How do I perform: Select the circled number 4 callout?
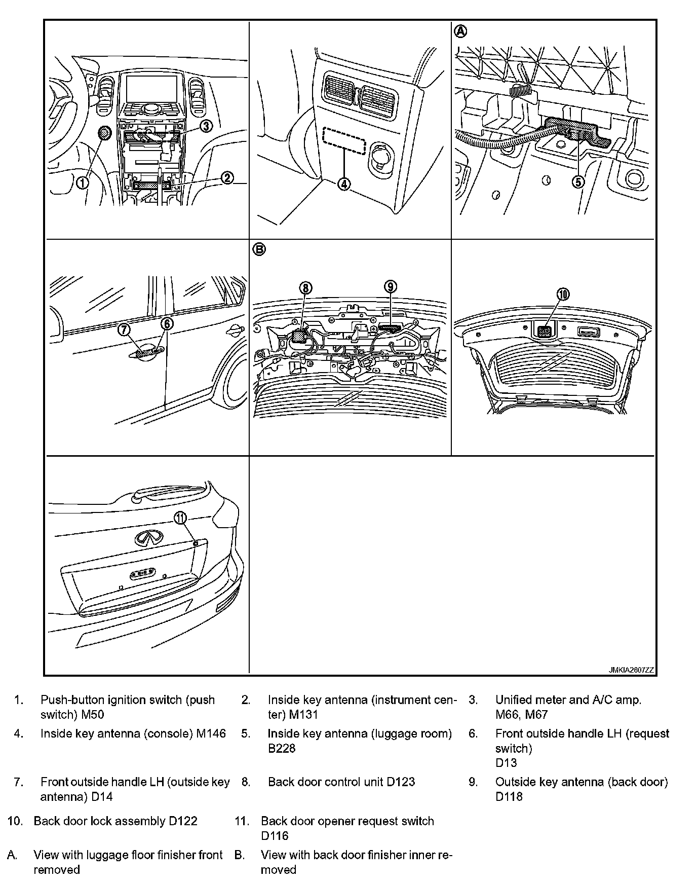coord(344,184)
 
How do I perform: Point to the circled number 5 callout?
coord(578,181)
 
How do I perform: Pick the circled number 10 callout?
coord(563,294)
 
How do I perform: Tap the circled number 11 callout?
coord(181,518)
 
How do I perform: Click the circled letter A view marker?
coord(460,31)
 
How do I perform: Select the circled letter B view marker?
coord(259,249)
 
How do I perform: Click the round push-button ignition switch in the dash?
coord(104,133)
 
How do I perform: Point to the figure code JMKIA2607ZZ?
coord(631,670)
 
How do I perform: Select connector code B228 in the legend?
coord(282,748)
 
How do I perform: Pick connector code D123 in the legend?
coord(401,782)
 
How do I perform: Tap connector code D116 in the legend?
coord(275,835)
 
